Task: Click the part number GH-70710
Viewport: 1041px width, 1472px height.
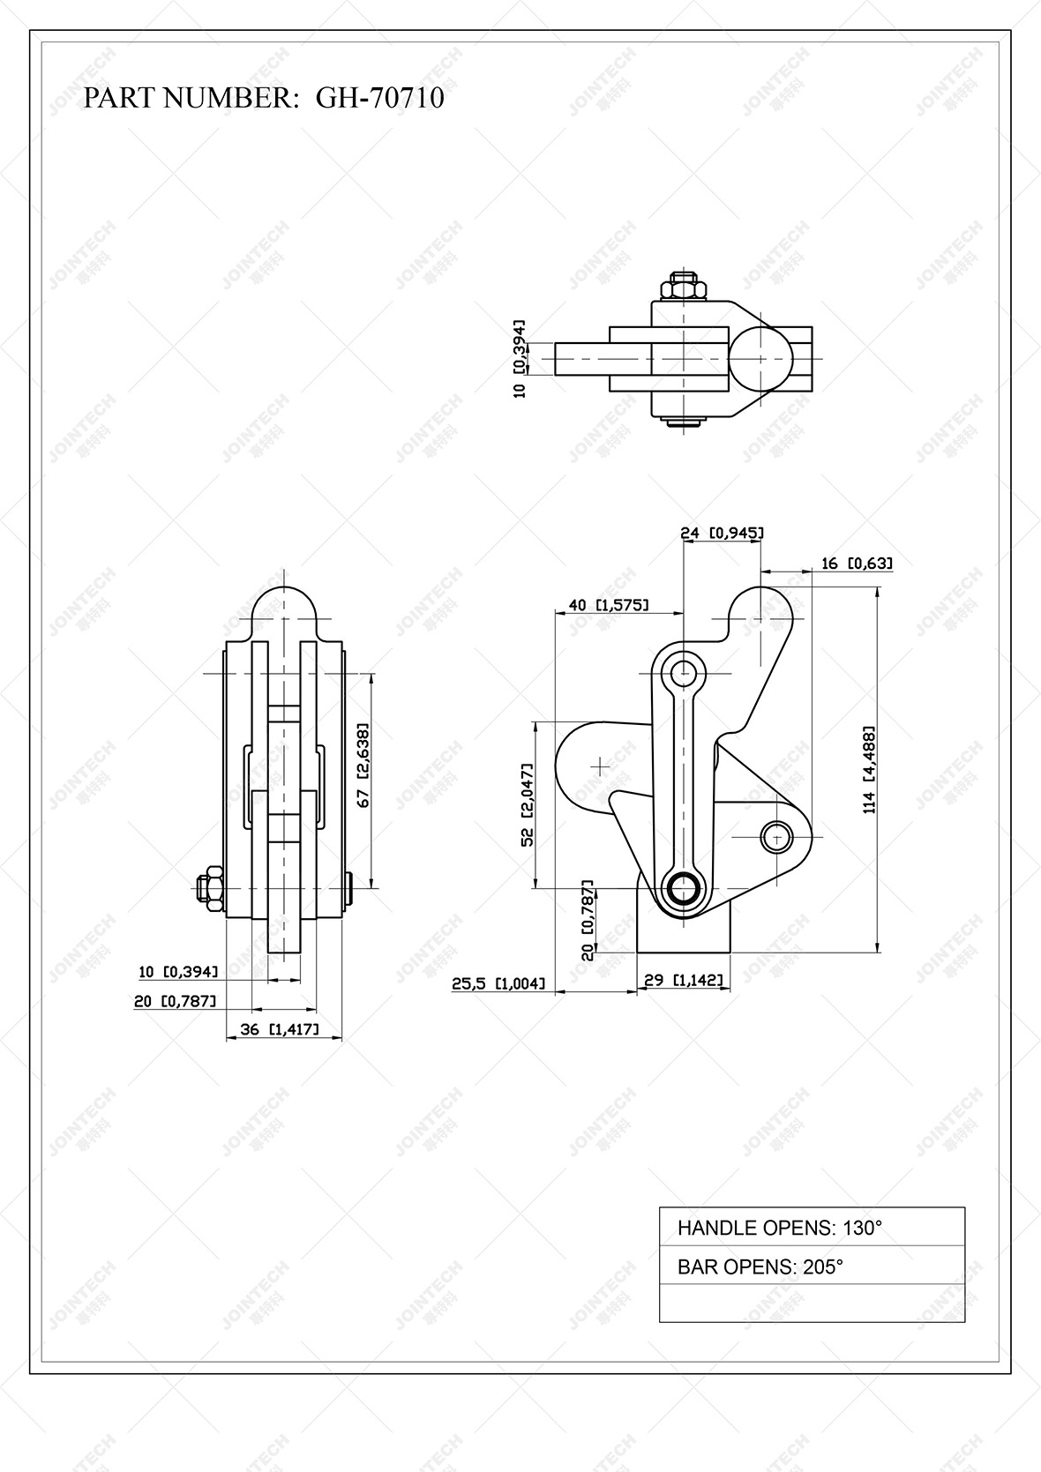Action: click(x=380, y=97)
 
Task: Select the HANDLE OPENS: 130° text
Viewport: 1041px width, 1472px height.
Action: click(x=779, y=1228)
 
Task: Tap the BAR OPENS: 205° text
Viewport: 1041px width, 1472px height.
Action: click(x=760, y=1267)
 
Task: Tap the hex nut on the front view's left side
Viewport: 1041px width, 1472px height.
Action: click(x=210, y=887)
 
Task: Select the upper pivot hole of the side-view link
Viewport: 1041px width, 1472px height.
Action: click(x=684, y=674)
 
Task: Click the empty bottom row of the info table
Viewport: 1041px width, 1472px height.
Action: click(x=812, y=1304)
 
